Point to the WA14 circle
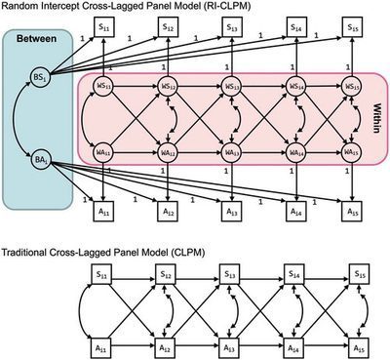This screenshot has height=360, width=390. [293, 152]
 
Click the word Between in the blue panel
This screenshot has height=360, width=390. [31, 42]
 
